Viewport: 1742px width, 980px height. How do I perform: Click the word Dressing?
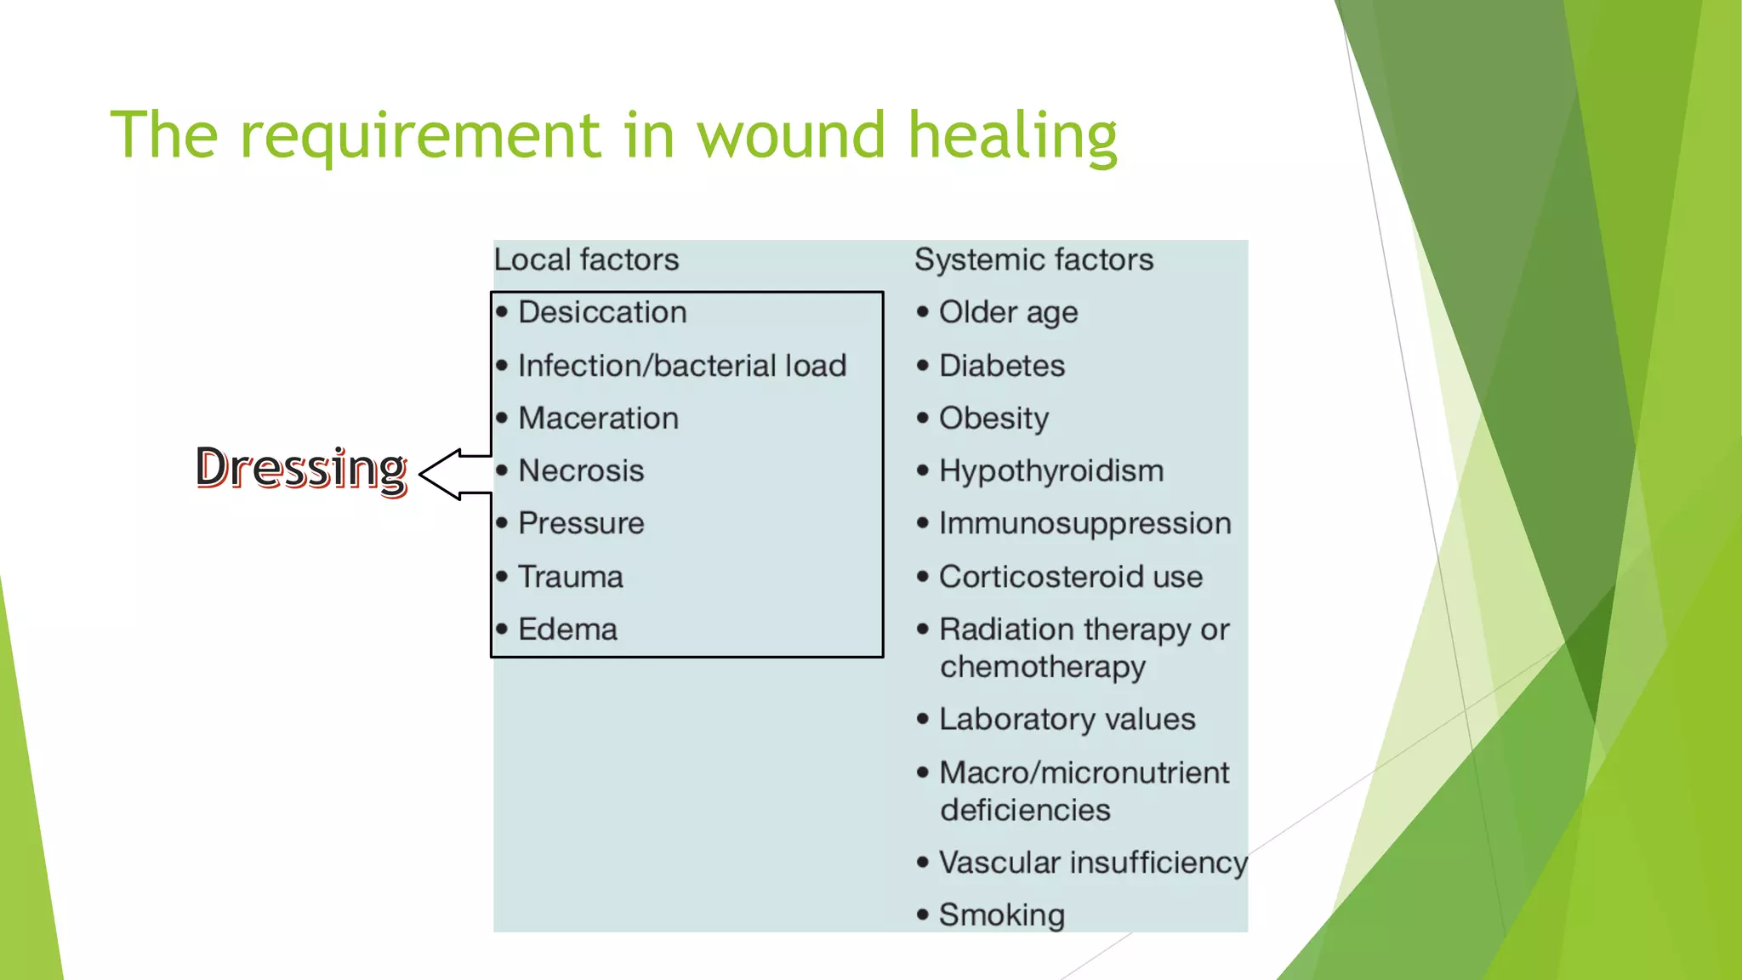[301, 468]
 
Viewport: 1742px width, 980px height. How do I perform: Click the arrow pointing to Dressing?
[454, 475]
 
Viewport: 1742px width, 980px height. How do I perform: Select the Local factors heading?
[586, 259]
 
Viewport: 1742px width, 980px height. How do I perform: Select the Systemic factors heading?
[1033, 259]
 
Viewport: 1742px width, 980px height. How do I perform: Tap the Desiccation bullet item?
[602, 312]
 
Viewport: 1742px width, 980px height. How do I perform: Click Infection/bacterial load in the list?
[682, 366]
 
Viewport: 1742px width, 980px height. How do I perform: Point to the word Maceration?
[598, 419]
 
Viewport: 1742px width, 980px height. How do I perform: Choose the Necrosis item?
[581, 470]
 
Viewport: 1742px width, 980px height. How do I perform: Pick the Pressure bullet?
[581, 523]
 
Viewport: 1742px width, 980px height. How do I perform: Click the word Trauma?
[571, 577]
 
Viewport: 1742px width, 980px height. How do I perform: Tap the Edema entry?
[567, 630]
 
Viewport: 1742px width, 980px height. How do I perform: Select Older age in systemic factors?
[1008, 312]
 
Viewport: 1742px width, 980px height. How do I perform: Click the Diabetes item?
[1001, 366]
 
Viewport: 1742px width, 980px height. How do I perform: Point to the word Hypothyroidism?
[1050, 470]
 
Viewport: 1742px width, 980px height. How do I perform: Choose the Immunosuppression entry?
[1084, 523]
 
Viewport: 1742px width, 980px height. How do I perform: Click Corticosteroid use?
[1070, 577]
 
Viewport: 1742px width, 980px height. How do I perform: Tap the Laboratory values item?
[1067, 720]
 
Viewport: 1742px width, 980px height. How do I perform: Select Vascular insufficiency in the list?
[1092, 863]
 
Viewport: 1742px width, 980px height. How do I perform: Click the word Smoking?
[1001, 915]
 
